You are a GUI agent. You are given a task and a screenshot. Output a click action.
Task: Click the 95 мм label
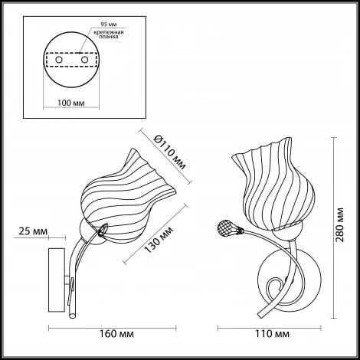109,25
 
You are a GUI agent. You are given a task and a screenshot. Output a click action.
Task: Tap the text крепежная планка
109,34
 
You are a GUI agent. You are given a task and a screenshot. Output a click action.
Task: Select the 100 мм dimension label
70,103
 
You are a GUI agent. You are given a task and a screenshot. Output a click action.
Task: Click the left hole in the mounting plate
59,60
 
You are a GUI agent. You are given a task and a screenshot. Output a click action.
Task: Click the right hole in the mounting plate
84,60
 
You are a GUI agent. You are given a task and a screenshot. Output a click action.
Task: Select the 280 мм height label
339,225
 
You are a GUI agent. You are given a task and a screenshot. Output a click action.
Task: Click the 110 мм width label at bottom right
273,334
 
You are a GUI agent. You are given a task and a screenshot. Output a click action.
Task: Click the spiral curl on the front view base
274,287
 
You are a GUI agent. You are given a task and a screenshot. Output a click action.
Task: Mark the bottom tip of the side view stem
73,317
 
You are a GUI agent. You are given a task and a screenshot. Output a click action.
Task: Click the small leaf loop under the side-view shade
102,229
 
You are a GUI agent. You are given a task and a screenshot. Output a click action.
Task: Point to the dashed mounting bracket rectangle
71,60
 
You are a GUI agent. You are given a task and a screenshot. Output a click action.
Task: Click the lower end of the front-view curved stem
260,316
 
